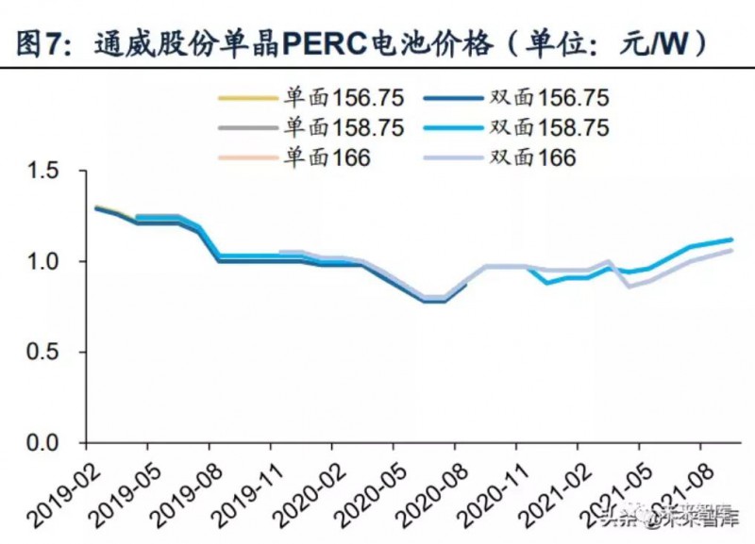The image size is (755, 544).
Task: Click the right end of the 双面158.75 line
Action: (731, 239)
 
